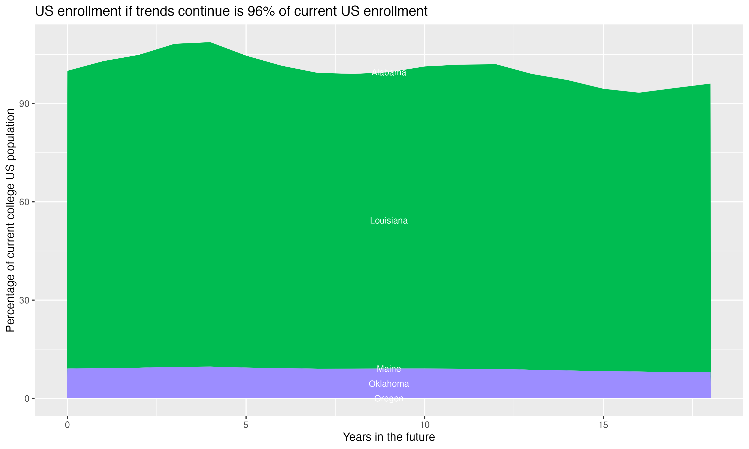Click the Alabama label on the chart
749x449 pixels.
pos(389,73)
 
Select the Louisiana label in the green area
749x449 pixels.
pos(389,221)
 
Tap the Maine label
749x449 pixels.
pos(389,369)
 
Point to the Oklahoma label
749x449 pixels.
pos(389,384)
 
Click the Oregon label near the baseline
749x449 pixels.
pos(389,399)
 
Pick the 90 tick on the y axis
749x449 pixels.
pos(24,104)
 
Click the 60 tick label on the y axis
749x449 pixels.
pos(24,202)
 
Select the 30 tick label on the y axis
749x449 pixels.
pos(24,300)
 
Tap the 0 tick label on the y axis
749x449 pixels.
pos(27,399)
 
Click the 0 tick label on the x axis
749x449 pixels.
pos(67,425)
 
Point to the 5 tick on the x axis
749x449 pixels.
pos(246,425)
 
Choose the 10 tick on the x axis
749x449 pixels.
pos(425,425)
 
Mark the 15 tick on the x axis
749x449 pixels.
pos(603,425)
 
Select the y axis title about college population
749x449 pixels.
pos(10,220)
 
